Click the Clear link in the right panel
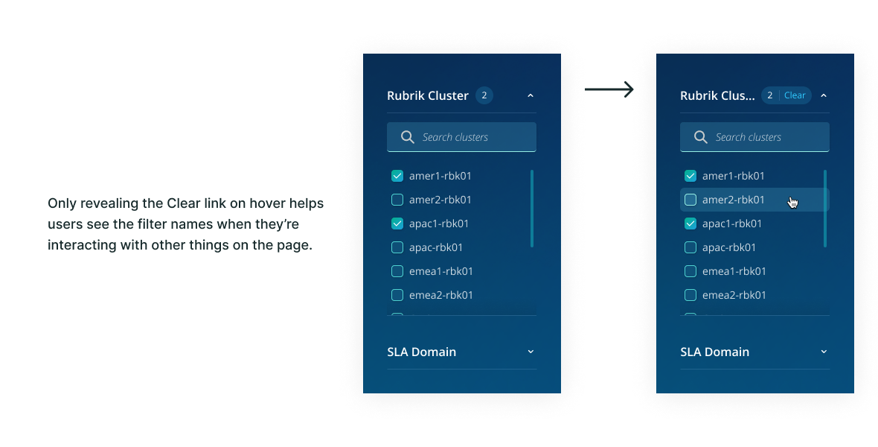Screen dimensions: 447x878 pos(795,95)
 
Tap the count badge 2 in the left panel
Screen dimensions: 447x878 pos(484,95)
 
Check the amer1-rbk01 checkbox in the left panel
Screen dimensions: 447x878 pos(397,176)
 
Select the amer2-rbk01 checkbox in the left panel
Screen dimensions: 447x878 pos(397,200)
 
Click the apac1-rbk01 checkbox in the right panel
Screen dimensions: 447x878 pos(690,223)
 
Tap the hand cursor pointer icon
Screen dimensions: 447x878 pos(793,202)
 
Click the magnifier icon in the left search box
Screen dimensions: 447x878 pos(408,137)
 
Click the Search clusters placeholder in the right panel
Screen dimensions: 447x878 pos(748,137)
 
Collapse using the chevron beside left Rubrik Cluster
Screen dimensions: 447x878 pos(531,95)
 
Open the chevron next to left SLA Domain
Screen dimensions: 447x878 pos(531,352)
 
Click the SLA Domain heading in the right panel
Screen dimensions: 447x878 pos(714,352)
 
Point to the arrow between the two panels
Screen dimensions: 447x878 pos(609,90)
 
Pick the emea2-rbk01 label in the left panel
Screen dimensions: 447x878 pos(441,295)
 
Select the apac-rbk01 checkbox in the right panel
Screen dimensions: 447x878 pos(690,247)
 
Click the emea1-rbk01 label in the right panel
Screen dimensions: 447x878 pos(734,271)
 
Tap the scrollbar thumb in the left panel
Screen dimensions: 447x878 pos(532,209)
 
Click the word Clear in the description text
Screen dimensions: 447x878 pos(183,203)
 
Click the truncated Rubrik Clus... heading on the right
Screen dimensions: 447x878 pos(717,95)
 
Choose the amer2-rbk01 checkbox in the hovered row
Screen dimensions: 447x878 pos(690,200)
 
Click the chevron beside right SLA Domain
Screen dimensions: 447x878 pos(824,352)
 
